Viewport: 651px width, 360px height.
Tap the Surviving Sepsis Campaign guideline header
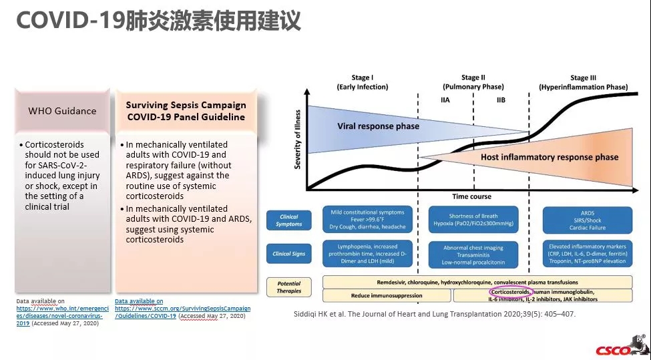186,111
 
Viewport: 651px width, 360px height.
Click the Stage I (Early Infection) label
362,83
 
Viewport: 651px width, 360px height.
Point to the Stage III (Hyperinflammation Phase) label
583,83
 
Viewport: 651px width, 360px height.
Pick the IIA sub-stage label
446,100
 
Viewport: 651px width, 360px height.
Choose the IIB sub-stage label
501,100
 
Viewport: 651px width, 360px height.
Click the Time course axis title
471,196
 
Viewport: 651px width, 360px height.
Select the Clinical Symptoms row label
289,220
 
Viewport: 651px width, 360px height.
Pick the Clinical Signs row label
289,254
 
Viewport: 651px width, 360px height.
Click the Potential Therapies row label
289,287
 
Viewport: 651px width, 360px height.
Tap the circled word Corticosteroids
510,292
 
